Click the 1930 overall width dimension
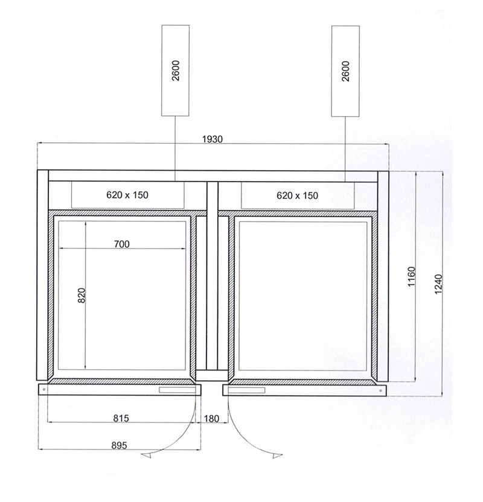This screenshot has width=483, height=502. click(x=213, y=139)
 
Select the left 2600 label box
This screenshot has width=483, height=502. click(x=176, y=71)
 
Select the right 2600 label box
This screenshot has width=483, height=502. click(x=345, y=71)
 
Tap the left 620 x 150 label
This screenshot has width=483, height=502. click(x=127, y=195)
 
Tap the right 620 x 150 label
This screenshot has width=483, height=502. click(x=297, y=195)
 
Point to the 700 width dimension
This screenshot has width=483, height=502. click(x=122, y=244)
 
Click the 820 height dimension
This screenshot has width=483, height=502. click(x=82, y=296)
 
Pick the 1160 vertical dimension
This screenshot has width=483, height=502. click(x=412, y=276)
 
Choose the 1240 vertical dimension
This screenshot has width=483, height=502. click(x=438, y=284)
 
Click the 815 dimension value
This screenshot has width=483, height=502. click(x=121, y=419)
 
